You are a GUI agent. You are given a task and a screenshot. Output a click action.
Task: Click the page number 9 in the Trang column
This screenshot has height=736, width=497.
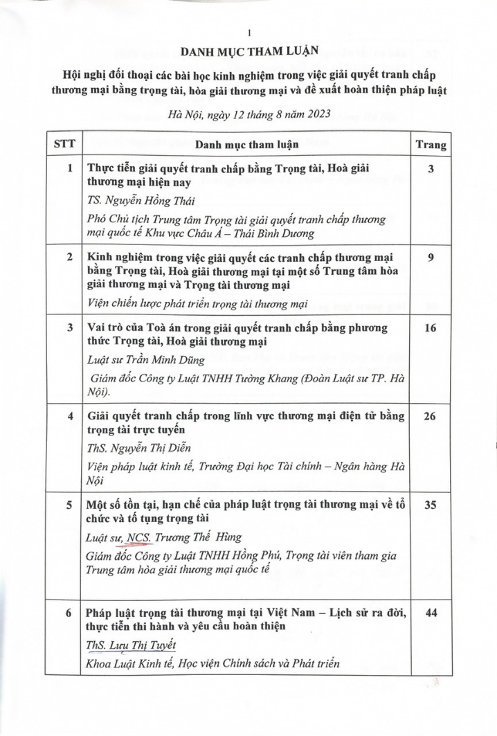click(430, 258)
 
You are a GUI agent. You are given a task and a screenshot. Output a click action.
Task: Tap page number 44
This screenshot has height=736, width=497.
click(430, 613)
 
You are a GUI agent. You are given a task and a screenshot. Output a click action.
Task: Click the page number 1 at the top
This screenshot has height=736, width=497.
click(247, 32)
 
